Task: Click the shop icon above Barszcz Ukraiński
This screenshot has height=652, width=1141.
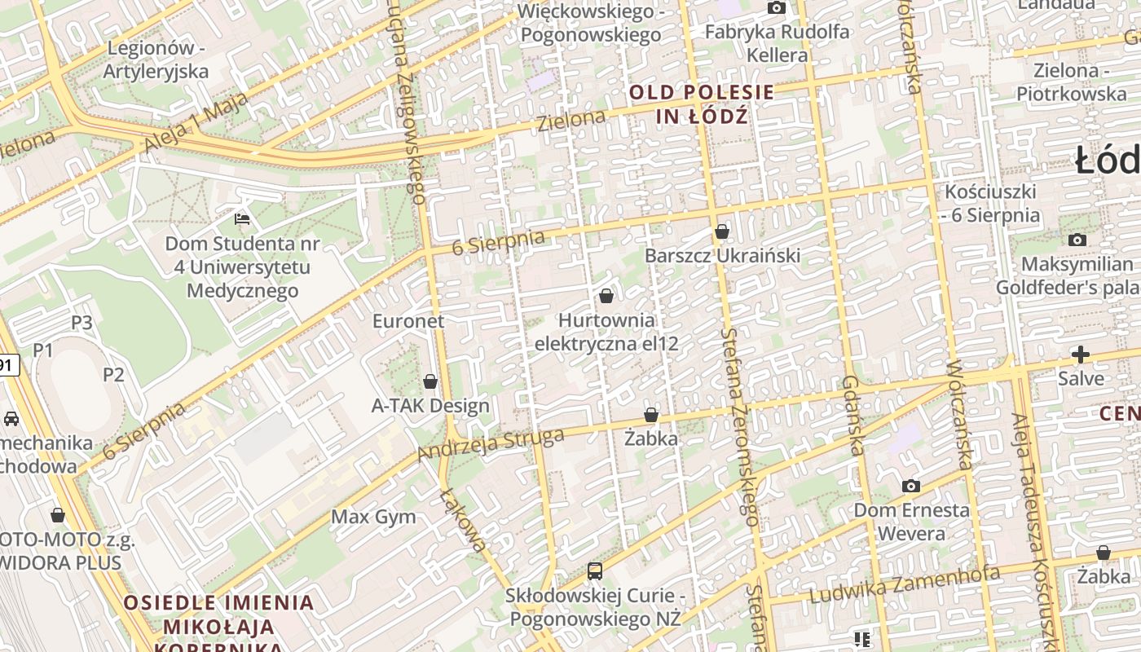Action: click(x=721, y=232)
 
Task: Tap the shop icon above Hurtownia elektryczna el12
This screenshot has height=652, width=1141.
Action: click(x=606, y=296)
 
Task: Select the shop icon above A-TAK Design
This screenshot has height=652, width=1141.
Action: click(x=430, y=381)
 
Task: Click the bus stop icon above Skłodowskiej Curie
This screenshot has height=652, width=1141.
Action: click(x=595, y=571)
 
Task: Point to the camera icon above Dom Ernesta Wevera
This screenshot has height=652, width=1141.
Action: click(x=911, y=487)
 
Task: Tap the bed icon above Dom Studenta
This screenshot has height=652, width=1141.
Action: click(x=242, y=219)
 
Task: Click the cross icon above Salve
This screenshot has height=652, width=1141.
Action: click(x=1081, y=355)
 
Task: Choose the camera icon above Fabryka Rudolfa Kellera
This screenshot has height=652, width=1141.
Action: click(x=777, y=8)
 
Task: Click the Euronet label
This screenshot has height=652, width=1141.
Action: click(x=408, y=321)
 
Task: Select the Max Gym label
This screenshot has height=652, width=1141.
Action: click(x=373, y=517)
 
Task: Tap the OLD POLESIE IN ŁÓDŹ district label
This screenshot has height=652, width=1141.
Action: click(x=702, y=104)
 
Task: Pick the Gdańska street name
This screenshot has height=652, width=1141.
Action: click(x=853, y=416)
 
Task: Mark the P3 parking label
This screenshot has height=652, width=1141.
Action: click(x=81, y=323)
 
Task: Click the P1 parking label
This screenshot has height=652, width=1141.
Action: click(x=42, y=350)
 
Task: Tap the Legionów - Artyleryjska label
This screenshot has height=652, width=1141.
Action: click(x=156, y=59)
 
